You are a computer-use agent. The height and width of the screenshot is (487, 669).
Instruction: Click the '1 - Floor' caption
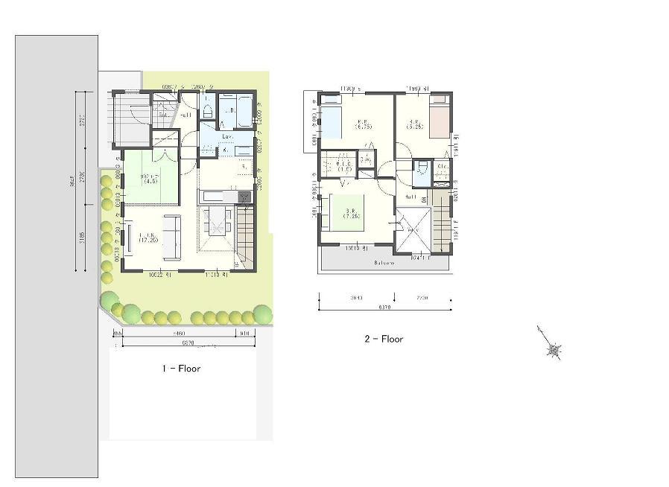tap(181, 368)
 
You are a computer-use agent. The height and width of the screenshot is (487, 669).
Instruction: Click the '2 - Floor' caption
tap(384, 339)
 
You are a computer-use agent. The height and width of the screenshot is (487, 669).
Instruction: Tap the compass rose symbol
tap(553, 348)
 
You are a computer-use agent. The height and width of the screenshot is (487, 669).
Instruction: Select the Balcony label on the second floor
tap(384, 263)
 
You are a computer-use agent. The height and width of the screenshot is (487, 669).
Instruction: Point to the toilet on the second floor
tap(422, 169)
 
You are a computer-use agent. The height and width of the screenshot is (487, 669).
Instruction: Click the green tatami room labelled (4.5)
tap(151, 177)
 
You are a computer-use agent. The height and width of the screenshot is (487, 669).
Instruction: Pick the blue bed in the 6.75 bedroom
tap(331, 121)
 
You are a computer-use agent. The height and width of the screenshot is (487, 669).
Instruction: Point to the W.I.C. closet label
tap(343, 164)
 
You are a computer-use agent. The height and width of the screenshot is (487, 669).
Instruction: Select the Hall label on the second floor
tap(410, 197)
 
